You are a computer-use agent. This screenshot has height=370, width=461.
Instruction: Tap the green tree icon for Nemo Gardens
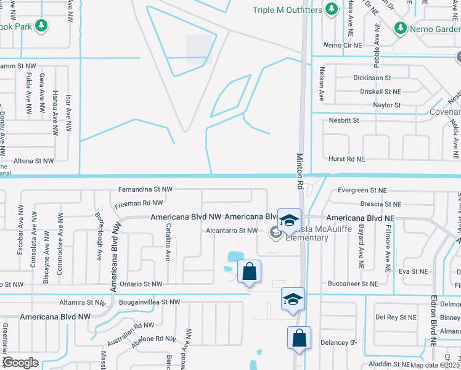(401, 28)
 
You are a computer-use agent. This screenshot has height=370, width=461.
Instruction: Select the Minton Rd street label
(300, 172)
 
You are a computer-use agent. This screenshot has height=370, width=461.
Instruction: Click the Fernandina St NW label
(146, 190)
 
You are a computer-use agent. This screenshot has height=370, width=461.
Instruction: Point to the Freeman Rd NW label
(139, 202)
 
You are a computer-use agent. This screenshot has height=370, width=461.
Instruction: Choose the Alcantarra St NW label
(231, 231)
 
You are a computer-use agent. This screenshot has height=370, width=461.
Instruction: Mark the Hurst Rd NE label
(347, 159)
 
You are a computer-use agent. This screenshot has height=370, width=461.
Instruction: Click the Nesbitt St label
(344, 120)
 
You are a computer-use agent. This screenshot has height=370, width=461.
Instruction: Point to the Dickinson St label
(372, 78)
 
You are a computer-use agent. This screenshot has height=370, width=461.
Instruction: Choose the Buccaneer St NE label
(354, 284)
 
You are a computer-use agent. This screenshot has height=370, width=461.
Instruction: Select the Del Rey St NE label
(396, 317)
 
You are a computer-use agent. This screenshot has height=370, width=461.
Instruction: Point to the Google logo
(20, 363)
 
